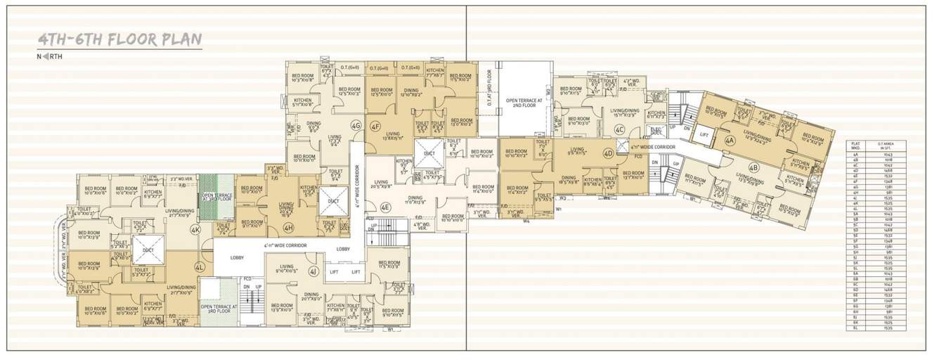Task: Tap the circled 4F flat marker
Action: pos(376,126)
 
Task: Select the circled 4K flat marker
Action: pos(195,229)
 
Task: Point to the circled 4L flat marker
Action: pos(200,267)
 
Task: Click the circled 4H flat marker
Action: pos(289,227)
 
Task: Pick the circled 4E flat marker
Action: pos(385,207)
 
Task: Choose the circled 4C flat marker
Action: pos(619,129)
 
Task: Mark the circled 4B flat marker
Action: pos(753,167)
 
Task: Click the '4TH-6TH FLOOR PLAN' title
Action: pos(119,39)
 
